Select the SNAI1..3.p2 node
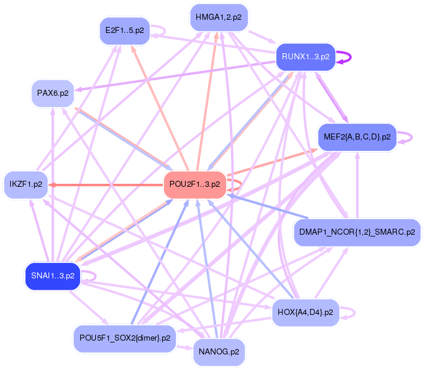pyautogui.click(x=52, y=276)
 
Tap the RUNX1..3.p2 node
pyautogui.click(x=305, y=57)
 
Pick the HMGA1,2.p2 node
pyautogui.click(x=218, y=17)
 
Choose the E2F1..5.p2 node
pyautogui.click(x=124, y=31)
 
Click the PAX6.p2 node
pyautogui.click(x=53, y=93)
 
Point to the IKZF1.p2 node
pyautogui.click(x=26, y=184)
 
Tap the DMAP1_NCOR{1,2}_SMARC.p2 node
pyautogui.click(x=357, y=232)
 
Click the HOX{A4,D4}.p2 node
pyautogui.click(x=305, y=313)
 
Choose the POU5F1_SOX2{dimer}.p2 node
pyautogui.click(x=125, y=338)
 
